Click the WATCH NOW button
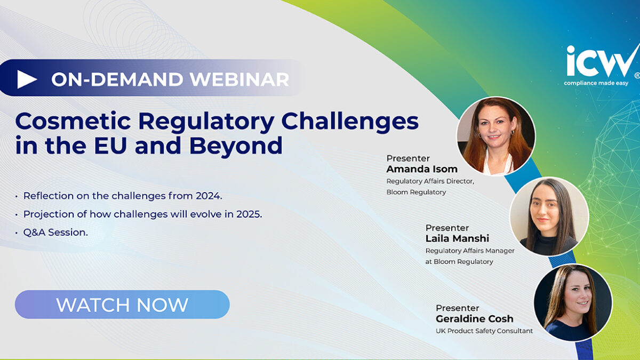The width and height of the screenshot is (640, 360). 122,305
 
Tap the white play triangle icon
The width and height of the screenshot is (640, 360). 27,79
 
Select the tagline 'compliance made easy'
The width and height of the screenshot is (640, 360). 596,83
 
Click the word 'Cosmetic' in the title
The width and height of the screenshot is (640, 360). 73,122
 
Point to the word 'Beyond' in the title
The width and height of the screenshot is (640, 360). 236,146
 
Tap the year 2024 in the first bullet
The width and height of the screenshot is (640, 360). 209,196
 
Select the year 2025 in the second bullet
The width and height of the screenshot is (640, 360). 249,214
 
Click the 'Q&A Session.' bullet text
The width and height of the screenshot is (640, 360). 55,233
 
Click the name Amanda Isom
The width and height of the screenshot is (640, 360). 422,169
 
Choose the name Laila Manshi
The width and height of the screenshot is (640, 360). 457,238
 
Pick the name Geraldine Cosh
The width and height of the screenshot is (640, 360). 474,318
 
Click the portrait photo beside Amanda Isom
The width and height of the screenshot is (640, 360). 496,136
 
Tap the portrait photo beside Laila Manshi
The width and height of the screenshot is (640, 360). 549,217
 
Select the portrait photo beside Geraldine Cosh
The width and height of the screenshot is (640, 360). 573,302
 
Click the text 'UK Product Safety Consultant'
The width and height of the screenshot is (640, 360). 484,331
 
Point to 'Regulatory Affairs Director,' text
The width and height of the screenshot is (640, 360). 430,181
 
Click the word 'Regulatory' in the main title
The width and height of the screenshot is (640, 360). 206,122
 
